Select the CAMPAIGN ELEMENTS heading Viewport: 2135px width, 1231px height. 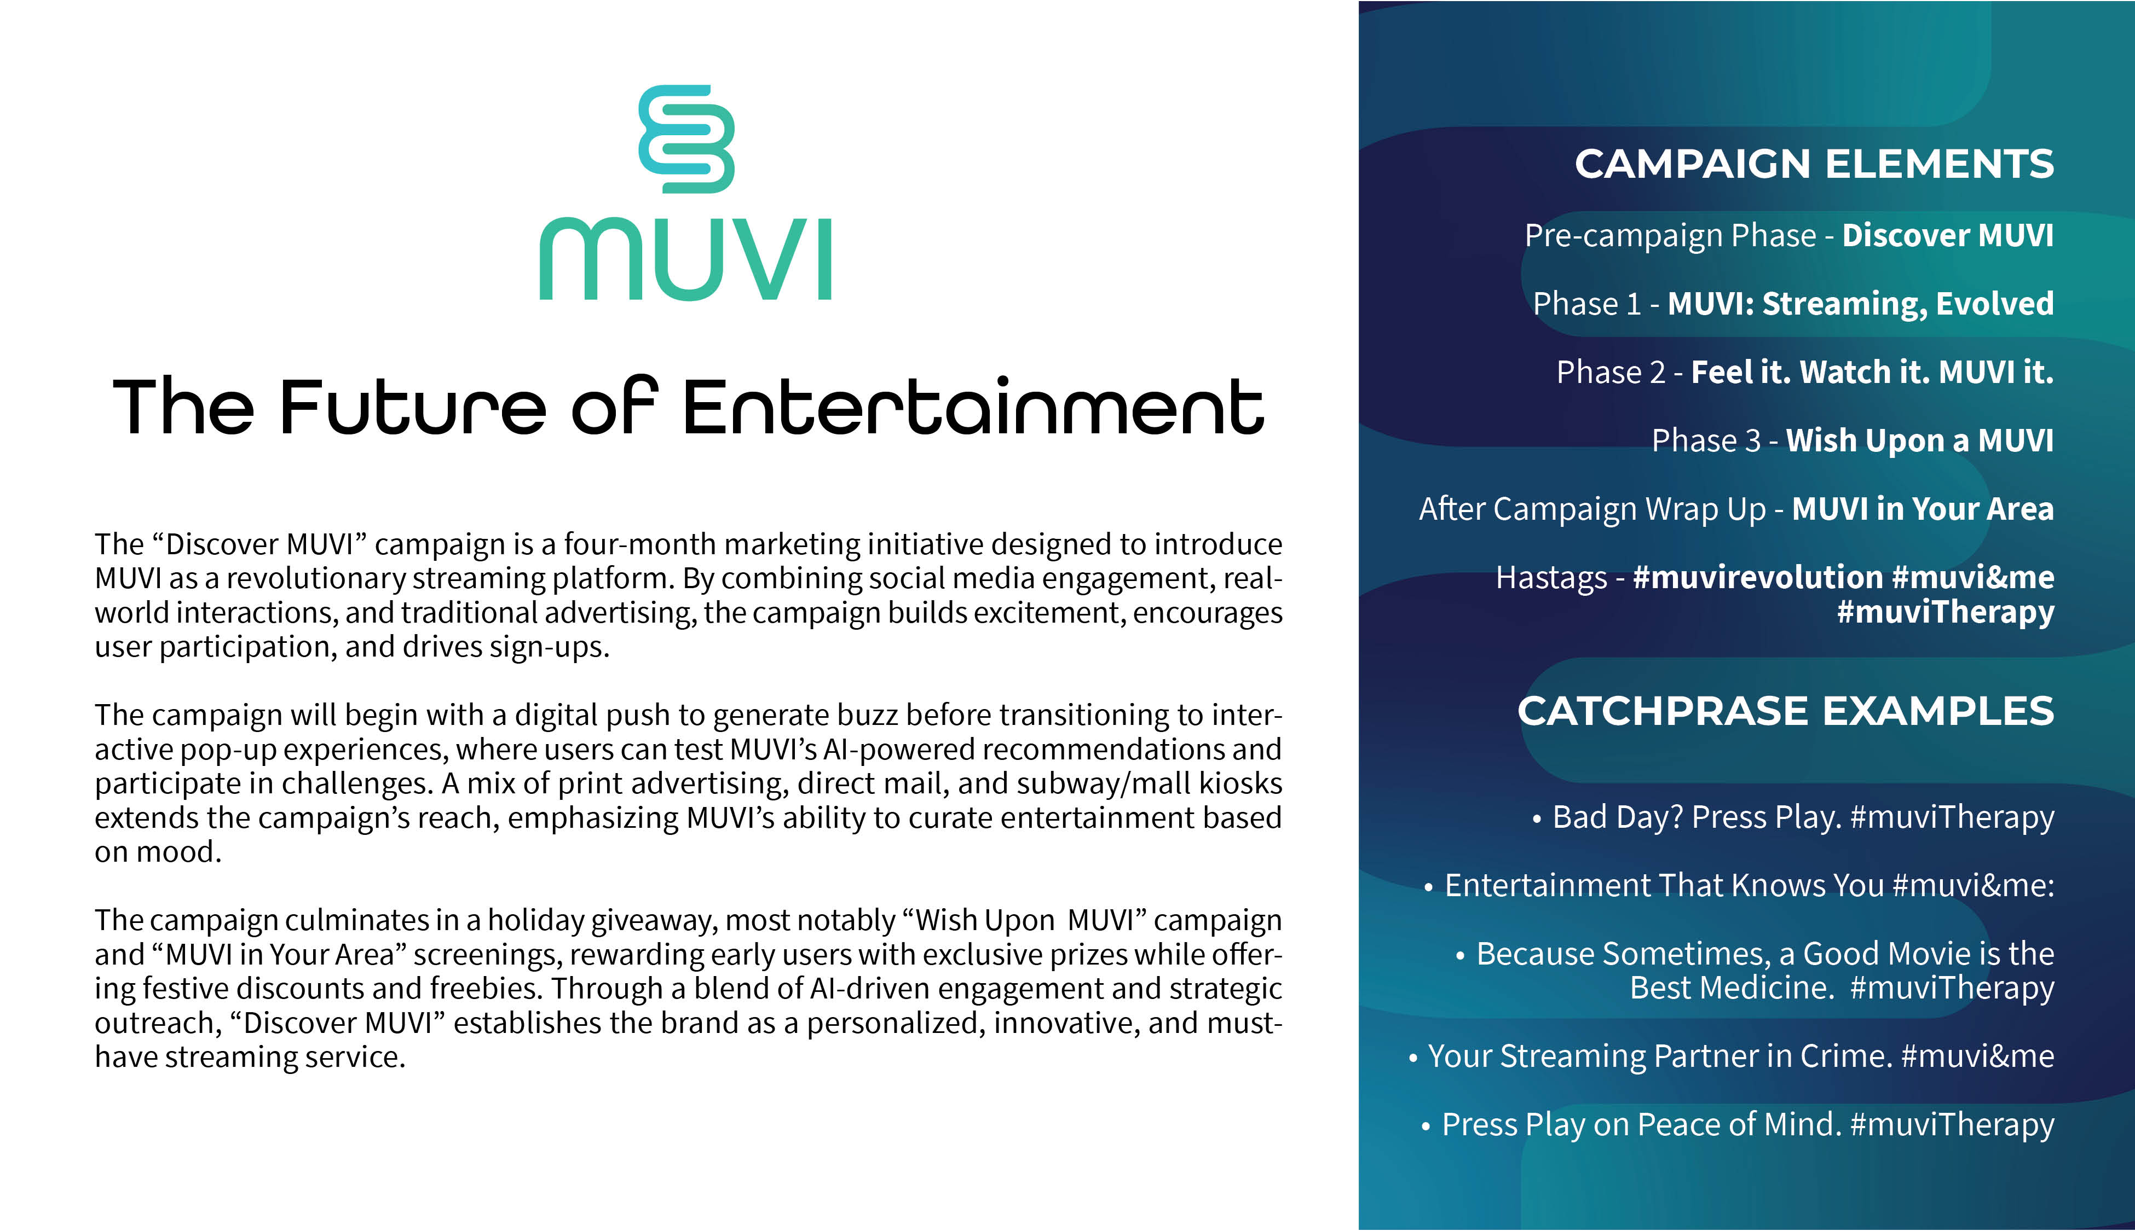pyautogui.click(x=1814, y=164)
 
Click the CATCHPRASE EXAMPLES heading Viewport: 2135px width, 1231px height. pyautogui.click(x=1785, y=711)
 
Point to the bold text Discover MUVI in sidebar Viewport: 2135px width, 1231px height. pyautogui.click(x=1947, y=235)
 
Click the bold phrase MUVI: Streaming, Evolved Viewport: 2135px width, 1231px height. pyautogui.click(x=1860, y=304)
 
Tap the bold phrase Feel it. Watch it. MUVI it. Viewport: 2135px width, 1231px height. pyautogui.click(x=1871, y=372)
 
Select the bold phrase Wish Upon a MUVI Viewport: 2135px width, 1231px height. pyautogui.click(x=1918, y=440)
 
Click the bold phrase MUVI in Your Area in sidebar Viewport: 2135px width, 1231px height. pyautogui.click(x=1922, y=509)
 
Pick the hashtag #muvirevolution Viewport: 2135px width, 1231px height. pyautogui.click(x=1757, y=577)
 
